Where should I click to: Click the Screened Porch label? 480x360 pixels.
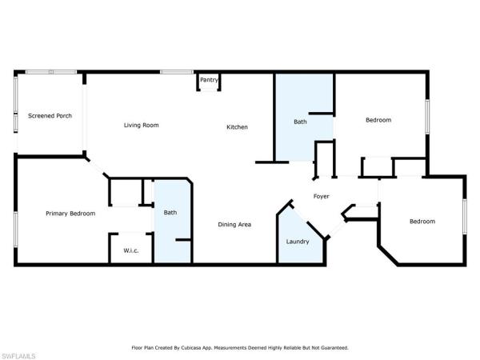tap(50, 116)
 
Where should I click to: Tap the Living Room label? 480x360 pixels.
tap(141, 125)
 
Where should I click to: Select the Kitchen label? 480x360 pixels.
tap(237, 127)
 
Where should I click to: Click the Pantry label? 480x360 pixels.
tap(209, 79)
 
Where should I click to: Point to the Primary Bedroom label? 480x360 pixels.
tap(70, 214)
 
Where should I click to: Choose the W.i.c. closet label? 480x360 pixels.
tap(131, 250)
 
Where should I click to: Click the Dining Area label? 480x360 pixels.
tap(235, 224)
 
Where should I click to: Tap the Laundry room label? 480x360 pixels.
tap(299, 241)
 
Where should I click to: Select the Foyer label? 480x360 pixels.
tap(321, 196)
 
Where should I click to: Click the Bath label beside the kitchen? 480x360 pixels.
tap(300, 122)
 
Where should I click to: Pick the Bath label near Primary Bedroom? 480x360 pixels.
tap(170, 212)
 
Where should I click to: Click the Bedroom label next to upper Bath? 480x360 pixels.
tap(378, 120)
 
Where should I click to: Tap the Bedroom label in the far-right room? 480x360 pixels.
tap(422, 221)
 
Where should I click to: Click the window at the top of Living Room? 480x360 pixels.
tap(172, 73)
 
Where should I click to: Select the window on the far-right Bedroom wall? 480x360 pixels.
tap(465, 216)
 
